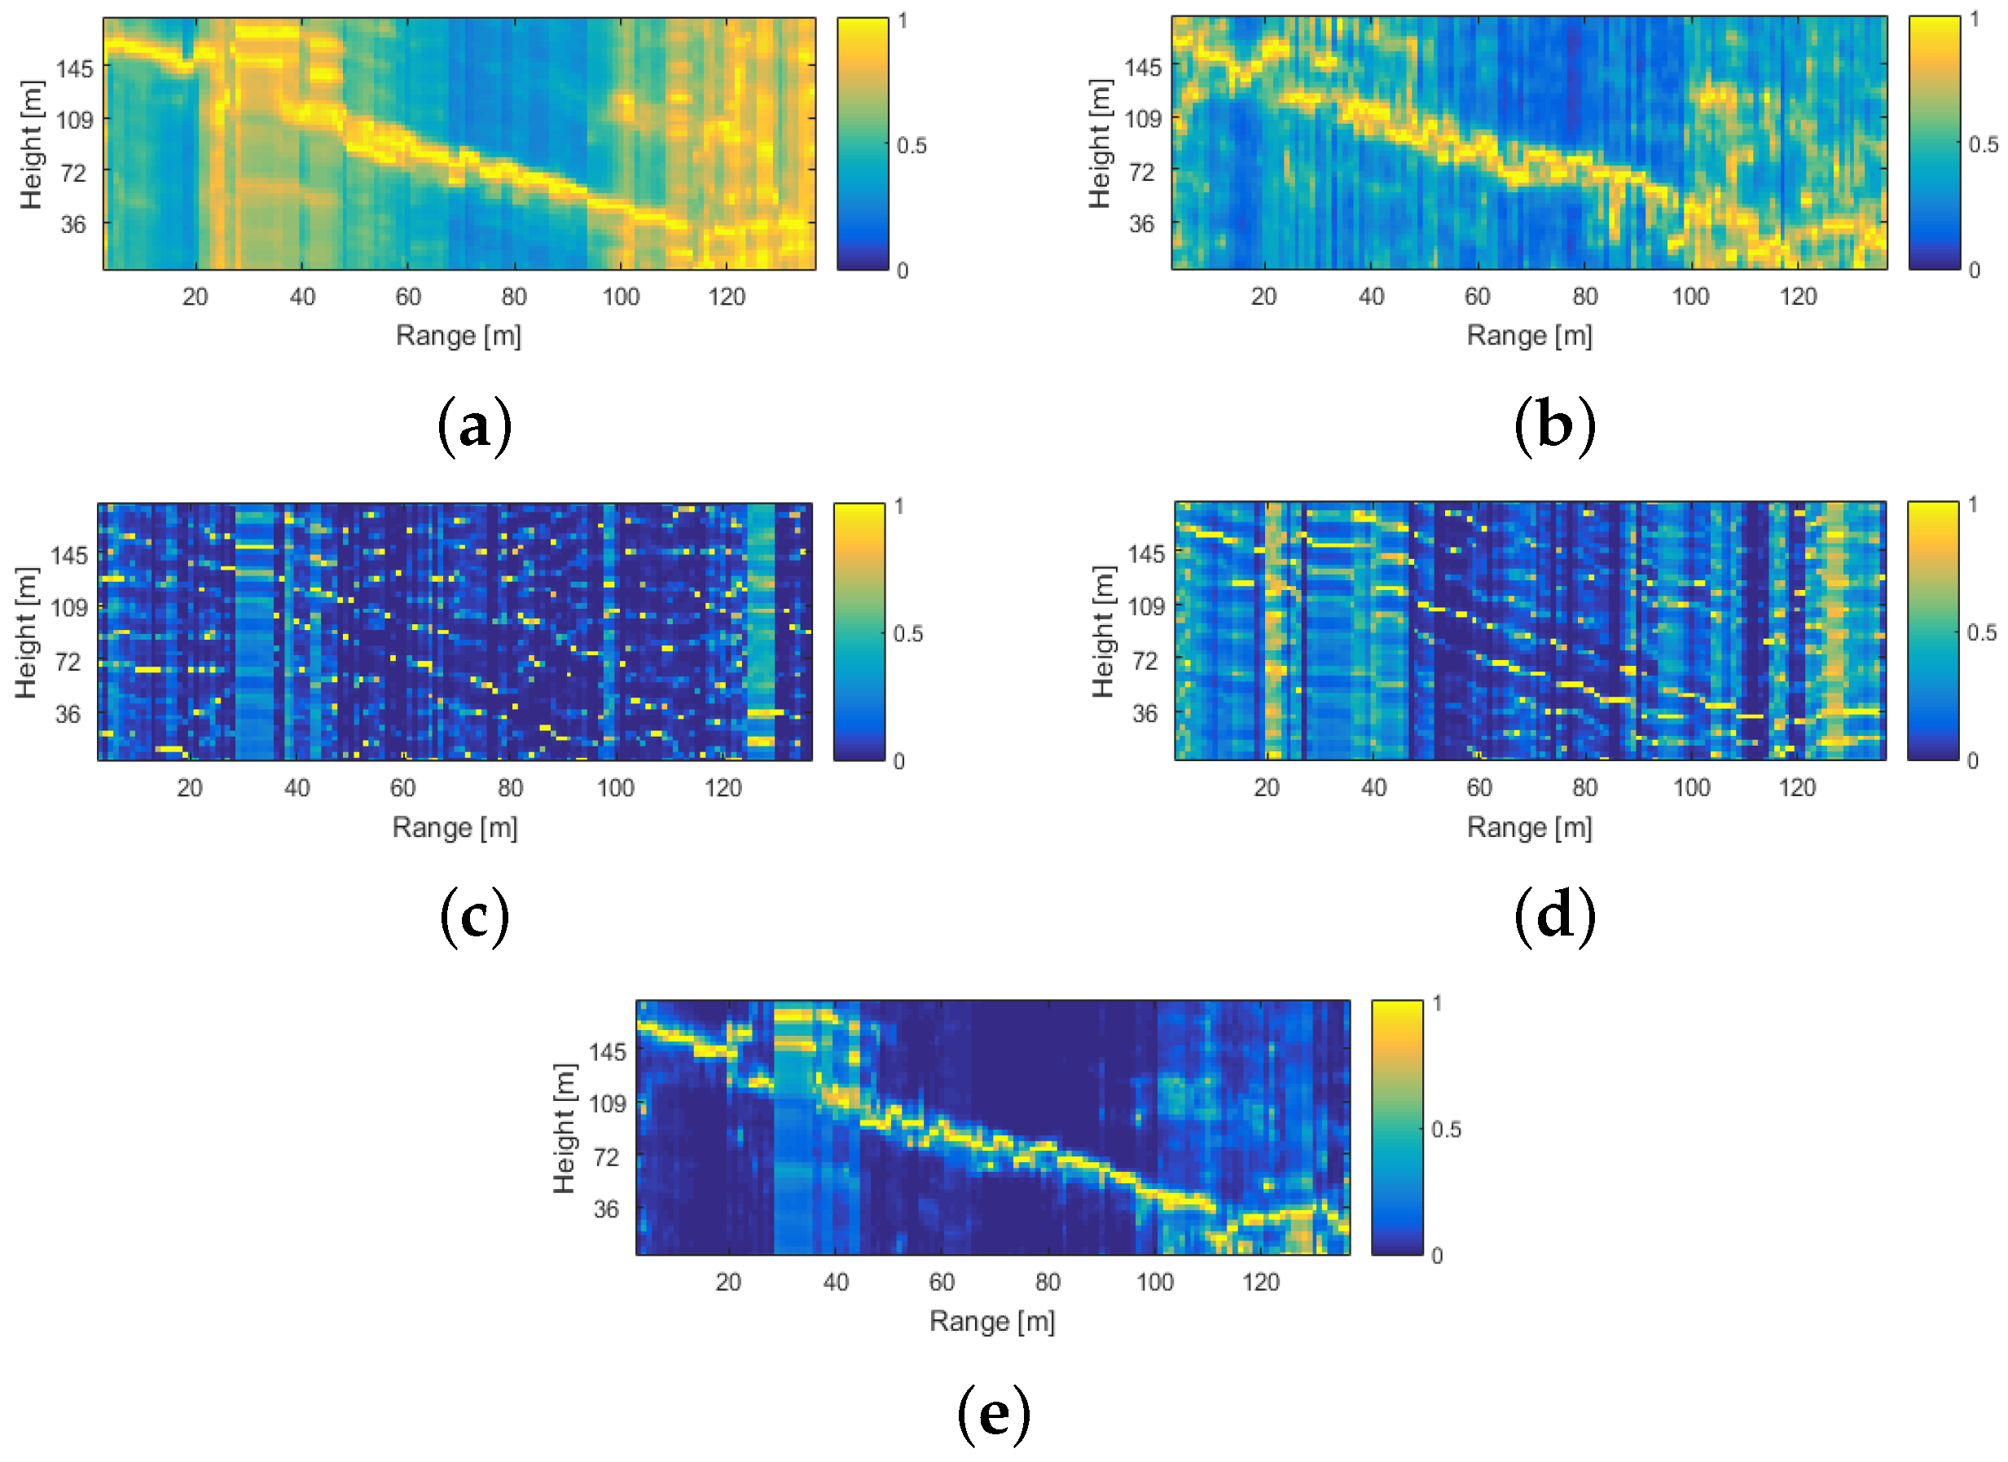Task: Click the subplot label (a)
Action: [x=475, y=425]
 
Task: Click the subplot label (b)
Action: [x=1555, y=425]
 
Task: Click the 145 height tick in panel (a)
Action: [x=74, y=69]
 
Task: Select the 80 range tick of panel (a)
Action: [x=513, y=297]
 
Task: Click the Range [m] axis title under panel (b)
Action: [x=1529, y=336]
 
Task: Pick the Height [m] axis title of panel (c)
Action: [x=27, y=632]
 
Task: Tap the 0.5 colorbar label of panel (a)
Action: [x=911, y=145]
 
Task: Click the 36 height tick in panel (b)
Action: [x=1141, y=224]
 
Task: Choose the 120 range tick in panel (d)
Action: [x=1796, y=787]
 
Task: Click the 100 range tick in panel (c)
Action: [x=614, y=787]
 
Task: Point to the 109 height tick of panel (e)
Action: [x=608, y=1103]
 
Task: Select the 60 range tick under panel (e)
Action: [x=941, y=1281]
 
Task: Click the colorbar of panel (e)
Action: [x=1396, y=1127]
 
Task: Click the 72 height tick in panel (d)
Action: [x=1145, y=661]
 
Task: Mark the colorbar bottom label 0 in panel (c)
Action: [x=899, y=760]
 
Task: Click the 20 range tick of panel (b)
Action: [x=1263, y=297]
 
